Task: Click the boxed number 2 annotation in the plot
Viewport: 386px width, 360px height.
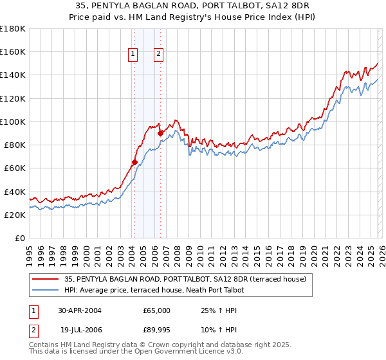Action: pyautogui.click(x=158, y=55)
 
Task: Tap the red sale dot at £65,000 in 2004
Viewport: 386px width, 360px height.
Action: pyautogui.click(x=134, y=162)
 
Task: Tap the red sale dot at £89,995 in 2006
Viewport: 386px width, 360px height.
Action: pyautogui.click(x=160, y=133)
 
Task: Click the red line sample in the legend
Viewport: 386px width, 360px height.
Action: pyautogui.click(x=46, y=279)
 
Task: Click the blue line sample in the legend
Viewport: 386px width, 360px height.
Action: pyautogui.click(x=46, y=290)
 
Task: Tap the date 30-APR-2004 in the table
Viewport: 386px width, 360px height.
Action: pyautogui.click(x=80, y=310)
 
